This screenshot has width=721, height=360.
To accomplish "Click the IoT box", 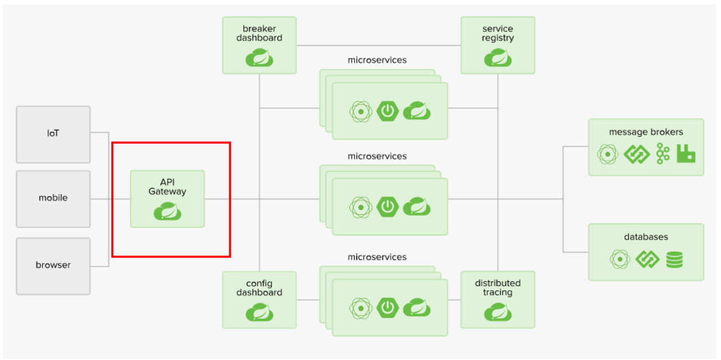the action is tap(53, 135).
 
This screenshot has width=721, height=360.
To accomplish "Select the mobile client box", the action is tap(53, 199).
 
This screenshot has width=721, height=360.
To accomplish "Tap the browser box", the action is tap(53, 266).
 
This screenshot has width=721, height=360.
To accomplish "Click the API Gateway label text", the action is tap(167, 187).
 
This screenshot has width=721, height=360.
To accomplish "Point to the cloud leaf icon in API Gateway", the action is tap(167, 211).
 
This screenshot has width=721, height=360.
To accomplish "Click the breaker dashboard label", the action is tap(259, 33).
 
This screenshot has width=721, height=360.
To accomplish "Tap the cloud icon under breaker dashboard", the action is tap(259, 58).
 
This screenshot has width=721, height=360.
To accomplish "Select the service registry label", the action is tap(498, 33).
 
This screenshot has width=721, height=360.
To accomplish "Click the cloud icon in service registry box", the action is tap(498, 58).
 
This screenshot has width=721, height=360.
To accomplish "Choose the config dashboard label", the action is tap(259, 288).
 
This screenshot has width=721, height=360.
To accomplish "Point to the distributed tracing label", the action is tap(498, 287).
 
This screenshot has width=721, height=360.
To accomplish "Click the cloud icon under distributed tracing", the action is tap(498, 312).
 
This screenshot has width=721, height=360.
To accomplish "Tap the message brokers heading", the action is tap(646, 132).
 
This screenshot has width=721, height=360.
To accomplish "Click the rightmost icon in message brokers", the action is tap(686, 153).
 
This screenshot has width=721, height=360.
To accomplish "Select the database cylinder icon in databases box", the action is tap(674, 260).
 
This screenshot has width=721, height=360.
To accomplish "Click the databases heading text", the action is tap(646, 237).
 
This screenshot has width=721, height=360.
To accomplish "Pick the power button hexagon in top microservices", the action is tap(388, 111).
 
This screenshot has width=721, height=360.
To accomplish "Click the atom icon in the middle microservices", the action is tap(361, 207).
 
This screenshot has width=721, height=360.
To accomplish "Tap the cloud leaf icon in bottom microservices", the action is tap(417, 307).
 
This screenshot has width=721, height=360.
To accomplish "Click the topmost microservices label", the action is tap(377, 60).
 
